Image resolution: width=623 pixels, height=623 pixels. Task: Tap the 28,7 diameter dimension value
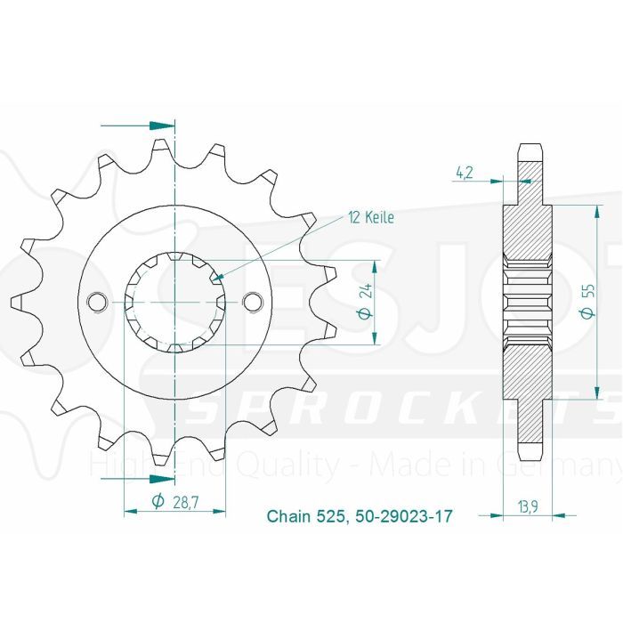point(186,503)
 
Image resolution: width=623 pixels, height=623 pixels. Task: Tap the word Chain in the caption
point(287,516)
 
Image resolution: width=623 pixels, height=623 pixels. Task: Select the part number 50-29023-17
point(399,516)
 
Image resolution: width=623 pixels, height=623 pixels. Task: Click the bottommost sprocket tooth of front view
point(162,457)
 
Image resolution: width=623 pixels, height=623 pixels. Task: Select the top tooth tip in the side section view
point(530,150)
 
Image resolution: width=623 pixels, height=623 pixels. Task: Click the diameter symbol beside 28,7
point(157,503)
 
